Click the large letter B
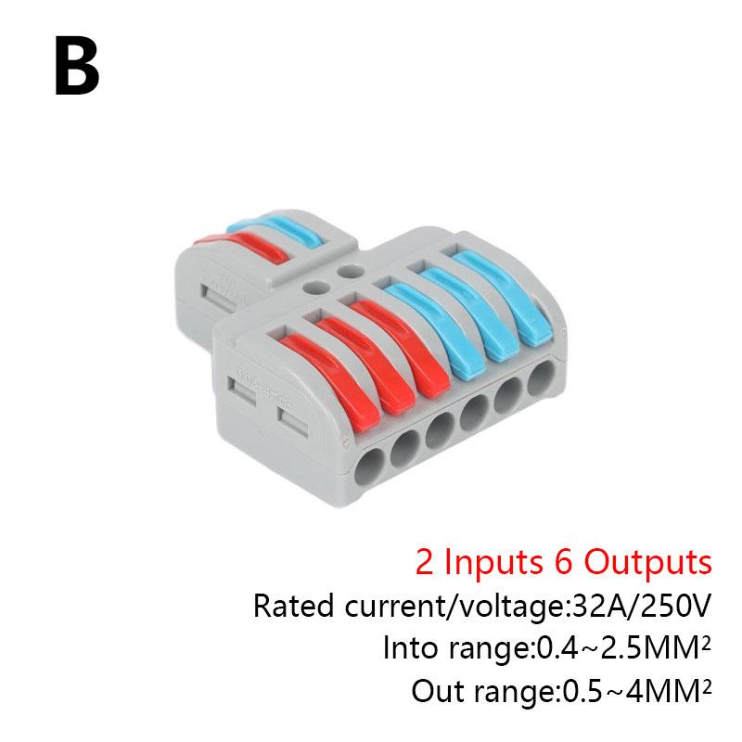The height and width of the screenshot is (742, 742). (x=77, y=66)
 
